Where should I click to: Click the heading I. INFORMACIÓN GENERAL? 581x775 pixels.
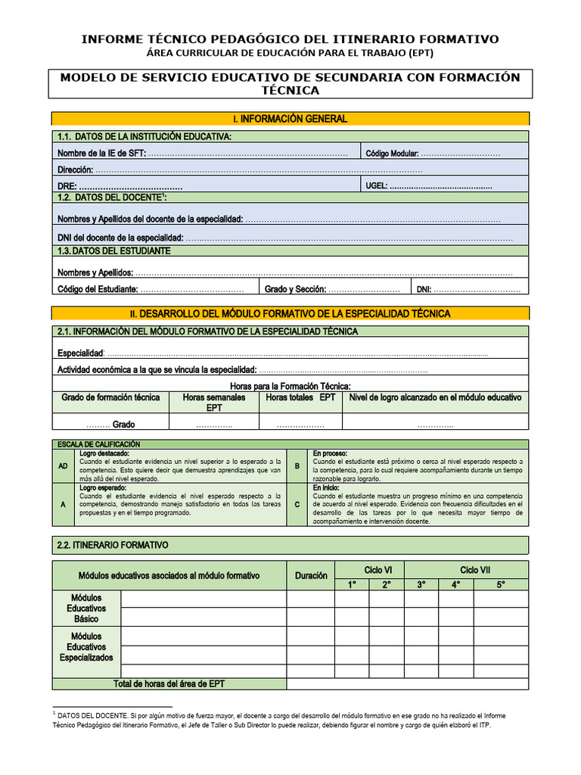(x=290, y=119)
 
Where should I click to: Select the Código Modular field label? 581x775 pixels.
(x=392, y=154)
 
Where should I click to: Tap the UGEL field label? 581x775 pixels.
(x=376, y=186)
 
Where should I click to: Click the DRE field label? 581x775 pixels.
(x=67, y=186)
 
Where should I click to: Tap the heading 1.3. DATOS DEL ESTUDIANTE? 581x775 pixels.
(x=114, y=251)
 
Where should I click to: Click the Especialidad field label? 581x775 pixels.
(x=80, y=353)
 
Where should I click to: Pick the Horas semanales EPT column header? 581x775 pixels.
(x=214, y=402)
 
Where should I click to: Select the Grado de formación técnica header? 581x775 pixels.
(x=110, y=397)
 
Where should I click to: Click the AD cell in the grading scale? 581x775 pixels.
(x=63, y=466)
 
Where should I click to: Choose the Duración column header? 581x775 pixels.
(x=311, y=576)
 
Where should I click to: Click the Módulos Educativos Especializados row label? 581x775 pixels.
(x=87, y=647)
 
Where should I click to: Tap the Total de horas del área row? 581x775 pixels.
(x=169, y=683)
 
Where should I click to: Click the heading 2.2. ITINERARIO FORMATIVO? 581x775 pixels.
(x=113, y=545)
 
